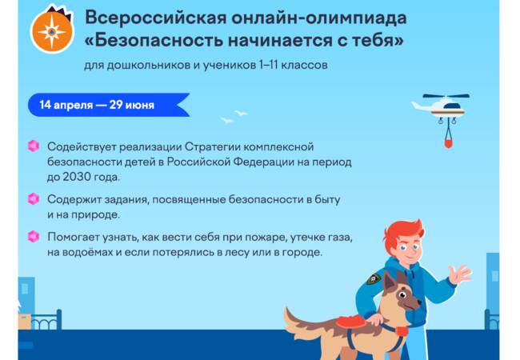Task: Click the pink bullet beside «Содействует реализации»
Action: (x=33, y=146)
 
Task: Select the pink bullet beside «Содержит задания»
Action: (x=33, y=198)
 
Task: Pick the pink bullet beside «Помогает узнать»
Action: (x=33, y=236)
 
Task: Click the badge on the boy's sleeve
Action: (x=373, y=279)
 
